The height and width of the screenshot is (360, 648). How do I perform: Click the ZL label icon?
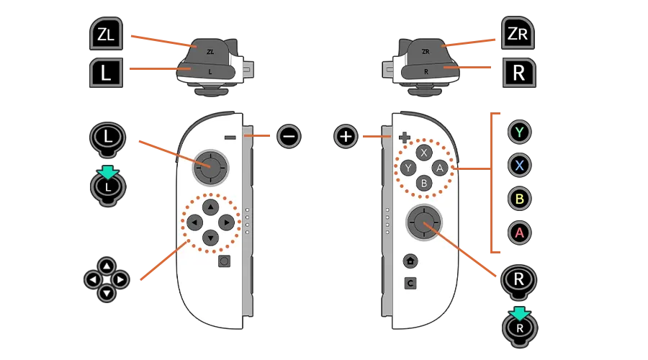tap(105, 35)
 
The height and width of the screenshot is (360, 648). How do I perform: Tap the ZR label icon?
tap(518, 35)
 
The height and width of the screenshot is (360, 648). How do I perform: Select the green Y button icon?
tap(519, 132)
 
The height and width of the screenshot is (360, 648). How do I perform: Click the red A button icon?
tap(519, 233)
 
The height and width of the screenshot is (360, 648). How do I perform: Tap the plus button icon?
tap(346, 136)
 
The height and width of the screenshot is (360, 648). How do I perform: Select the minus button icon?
tap(289, 135)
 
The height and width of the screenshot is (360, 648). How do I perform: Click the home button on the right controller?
tap(410, 261)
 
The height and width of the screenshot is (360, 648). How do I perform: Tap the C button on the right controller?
tap(410, 284)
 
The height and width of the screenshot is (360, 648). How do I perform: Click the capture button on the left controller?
tap(224, 261)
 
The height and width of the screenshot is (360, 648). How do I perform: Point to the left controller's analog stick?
tap(210, 167)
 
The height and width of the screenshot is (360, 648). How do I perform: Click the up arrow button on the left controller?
tap(210, 207)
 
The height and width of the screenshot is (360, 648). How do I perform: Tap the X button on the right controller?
tap(424, 153)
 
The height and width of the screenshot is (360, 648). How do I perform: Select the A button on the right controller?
tap(441, 168)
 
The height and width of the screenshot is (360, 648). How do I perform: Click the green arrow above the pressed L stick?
tap(108, 172)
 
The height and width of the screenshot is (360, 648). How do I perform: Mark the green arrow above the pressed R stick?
tap(519, 313)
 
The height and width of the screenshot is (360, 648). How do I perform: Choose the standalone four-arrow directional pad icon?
tap(107, 279)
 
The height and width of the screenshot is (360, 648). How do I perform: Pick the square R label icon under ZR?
tap(518, 73)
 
